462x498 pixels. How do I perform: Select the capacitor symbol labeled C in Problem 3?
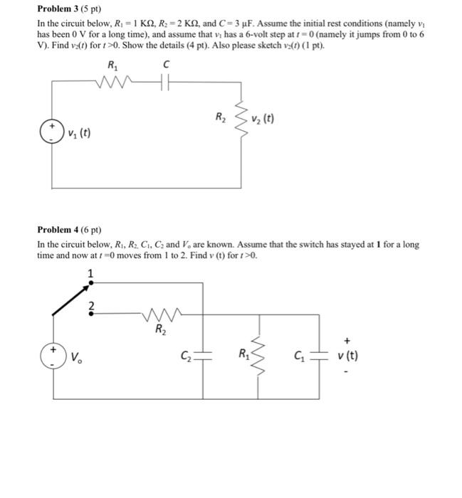click(165, 81)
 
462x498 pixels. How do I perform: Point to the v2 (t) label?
click(263, 118)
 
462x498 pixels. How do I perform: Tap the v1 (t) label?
click(80, 134)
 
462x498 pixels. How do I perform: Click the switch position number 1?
click(90, 272)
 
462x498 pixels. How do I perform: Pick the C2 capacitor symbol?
click(204, 355)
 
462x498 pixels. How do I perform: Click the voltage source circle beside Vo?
click(52, 356)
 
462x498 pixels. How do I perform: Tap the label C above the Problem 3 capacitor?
click(166, 65)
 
